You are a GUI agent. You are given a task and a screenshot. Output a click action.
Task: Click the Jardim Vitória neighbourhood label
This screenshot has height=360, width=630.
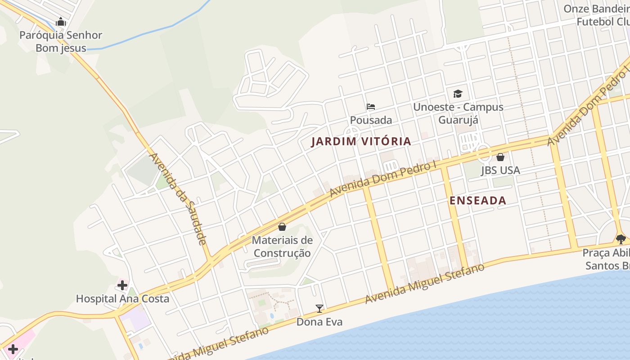click(x=361, y=141)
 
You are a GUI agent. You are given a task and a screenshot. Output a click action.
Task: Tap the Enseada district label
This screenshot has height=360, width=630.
click(x=478, y=201)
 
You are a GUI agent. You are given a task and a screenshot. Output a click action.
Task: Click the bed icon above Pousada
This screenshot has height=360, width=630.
click(x=371, y=107)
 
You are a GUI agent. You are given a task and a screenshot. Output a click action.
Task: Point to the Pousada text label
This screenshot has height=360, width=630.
click(x=371, y=120)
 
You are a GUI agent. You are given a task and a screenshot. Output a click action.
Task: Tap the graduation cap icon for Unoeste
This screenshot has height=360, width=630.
click(x=458, y=94)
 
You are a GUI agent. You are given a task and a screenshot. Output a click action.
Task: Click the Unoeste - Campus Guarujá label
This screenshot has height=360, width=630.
click(x=458, y=113)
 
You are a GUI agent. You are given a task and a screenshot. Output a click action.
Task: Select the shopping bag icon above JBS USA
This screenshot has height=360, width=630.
click(x=500, y=157)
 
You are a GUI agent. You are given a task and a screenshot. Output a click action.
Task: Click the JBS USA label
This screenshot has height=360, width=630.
click(x=500, y=170)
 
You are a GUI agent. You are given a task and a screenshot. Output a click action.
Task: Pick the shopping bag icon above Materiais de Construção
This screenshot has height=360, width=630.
click(x=282, y=227)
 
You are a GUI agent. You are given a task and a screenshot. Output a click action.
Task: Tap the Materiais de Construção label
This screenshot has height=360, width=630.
click(x=282, y=246)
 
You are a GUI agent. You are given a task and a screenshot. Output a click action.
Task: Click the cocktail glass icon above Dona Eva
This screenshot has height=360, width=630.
click(x=319, y=309)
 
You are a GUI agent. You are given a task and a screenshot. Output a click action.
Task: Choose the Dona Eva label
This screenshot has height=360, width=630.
click(x=319, y=322)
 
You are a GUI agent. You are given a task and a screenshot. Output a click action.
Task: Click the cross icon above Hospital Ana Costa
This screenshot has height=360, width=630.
click(x=122, y=285)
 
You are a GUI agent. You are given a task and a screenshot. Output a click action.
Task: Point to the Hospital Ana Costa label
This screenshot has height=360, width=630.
click(x=122, y=299)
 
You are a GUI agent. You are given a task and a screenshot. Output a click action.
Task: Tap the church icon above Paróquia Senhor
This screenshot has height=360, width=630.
click(x=61, y=22)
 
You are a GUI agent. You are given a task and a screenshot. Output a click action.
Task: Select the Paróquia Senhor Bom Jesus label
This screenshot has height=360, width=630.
click(x=61, y=41)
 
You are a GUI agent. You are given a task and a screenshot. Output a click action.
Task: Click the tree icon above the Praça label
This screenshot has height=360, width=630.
click(x=621, y=239)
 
